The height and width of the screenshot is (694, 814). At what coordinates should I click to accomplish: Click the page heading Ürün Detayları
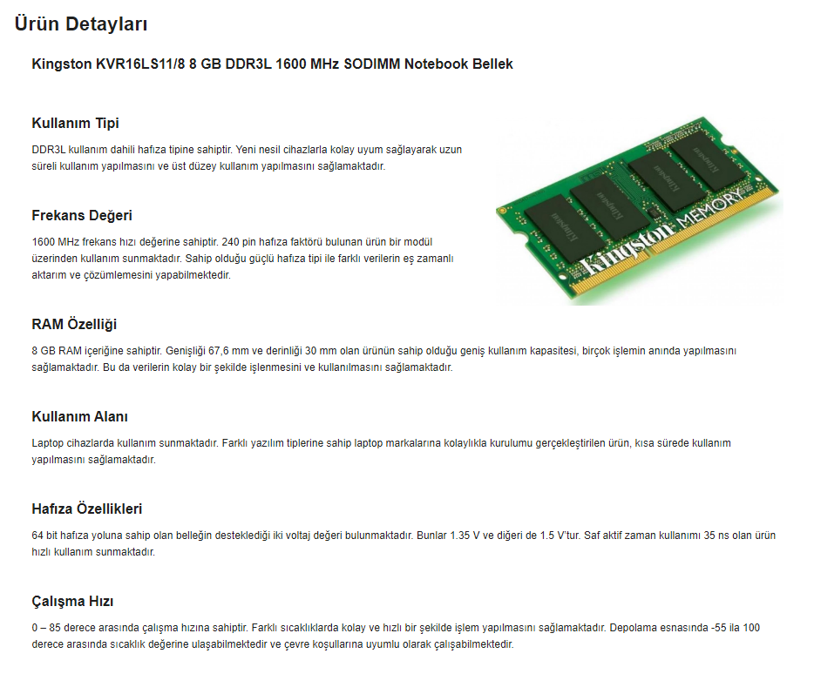pyautogui.click(x=81, y=24)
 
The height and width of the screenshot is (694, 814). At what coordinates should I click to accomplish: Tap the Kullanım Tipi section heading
pyautogui.click(x=75, y=124)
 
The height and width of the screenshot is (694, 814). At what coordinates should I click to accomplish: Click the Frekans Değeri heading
pyautogui.click(x=82, y=216)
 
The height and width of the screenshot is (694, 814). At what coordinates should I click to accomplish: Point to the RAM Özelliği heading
pyautogui.click(x=74, y=325)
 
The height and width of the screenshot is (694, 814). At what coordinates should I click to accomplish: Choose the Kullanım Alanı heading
pyautogui.click(x=79, y=416)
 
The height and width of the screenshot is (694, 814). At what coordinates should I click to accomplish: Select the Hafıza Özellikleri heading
pyautogui.click(x=86, y=509)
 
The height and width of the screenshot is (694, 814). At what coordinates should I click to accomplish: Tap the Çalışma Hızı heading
pyautogui.click(x=72, y=602)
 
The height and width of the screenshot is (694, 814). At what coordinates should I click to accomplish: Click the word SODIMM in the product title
pyautogui.click(x=371, y=64)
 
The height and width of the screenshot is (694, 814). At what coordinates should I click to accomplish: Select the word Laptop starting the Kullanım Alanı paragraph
pyautogui.click(x=48, y=443)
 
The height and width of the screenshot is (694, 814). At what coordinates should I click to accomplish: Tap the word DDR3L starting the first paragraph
pyautogui.click(x=48, y=150)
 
